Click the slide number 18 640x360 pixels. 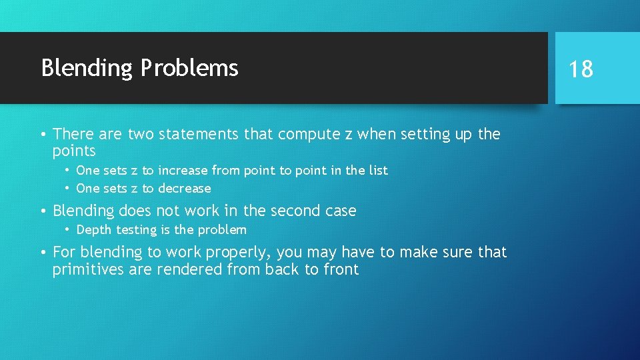coord(581,69)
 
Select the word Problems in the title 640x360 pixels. coord(189,68)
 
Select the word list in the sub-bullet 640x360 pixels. coord(377,171)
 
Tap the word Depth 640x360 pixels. coord(94,230)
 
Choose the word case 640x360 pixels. coord(340,211)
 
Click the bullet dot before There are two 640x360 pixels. coord(43,135)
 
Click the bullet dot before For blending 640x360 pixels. coord(43,253)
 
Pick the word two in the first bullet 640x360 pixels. coord(141,135)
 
